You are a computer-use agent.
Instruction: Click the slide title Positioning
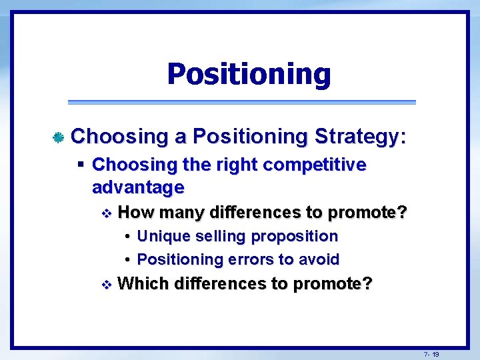coord(249,74)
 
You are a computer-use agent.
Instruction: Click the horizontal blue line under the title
coord(242,102)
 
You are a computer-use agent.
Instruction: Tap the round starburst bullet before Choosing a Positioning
coord(58,138)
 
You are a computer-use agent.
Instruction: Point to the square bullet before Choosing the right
coord(80,164)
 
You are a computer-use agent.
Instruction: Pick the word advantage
coord(137,187)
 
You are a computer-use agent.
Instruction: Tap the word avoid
coord(321,259)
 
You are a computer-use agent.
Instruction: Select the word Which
coord(143,284)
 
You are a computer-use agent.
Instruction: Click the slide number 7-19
coord(431,354)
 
